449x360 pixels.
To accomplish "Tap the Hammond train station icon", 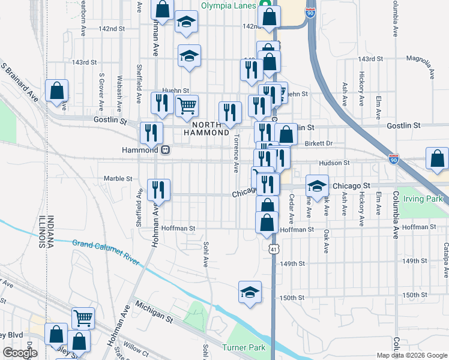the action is tap(164, 150).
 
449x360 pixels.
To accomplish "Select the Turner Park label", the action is tap(243, 347).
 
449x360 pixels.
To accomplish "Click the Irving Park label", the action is tap(423, 199).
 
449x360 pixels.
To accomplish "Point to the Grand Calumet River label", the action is tap(105, 253).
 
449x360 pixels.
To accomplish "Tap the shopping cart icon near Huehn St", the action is tap(187, 106).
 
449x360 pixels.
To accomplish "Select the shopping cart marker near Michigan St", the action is tap(83, 318).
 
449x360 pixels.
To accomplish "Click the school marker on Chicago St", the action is tap(317, 186).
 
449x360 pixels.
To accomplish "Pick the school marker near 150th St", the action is tap(250, 292).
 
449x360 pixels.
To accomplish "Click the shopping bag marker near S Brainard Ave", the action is tap(56, 92).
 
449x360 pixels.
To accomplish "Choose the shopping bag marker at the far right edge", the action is tap(438, 159).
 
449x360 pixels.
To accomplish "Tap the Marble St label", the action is tap(118, 179).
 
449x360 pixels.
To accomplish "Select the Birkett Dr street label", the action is tap(318, 143).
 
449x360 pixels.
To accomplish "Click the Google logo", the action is tap(20, 353).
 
